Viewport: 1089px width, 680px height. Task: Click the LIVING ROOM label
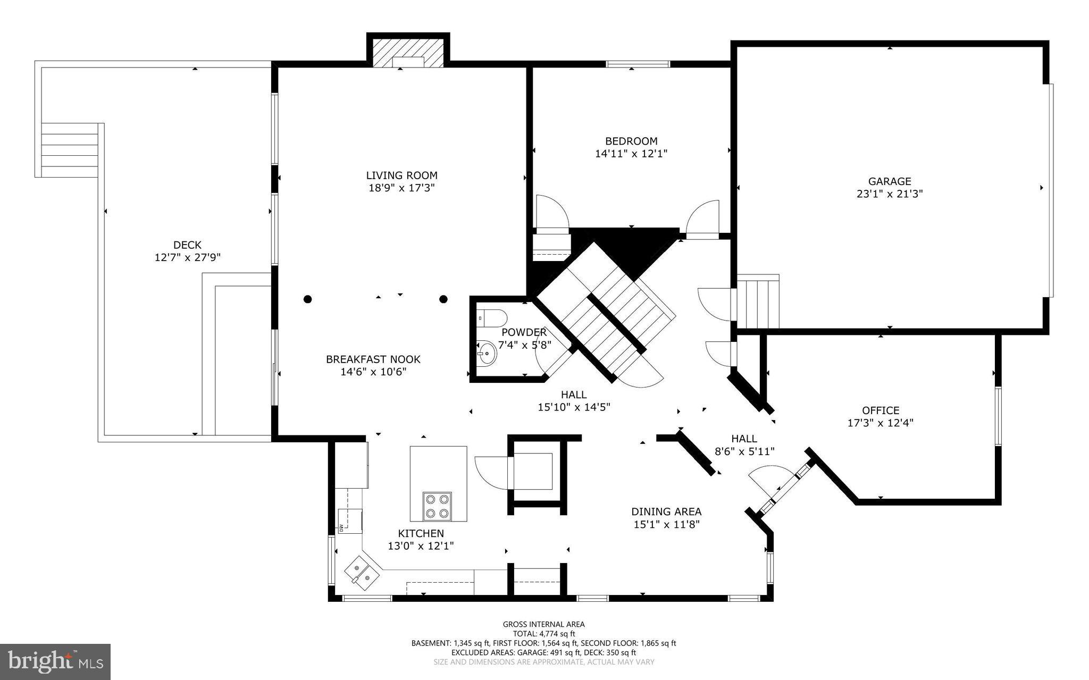pyautogui.click(x=401, y=175)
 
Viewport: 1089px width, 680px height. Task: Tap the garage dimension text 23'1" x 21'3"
pyautogui.click(x=890, y=194)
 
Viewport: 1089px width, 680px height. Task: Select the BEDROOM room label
pyautogui.click(x=631, y=141)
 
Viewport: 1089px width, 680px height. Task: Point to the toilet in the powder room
pyautogui.click(x=492, y=318)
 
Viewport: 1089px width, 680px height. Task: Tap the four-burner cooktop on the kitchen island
pyautogui.click(x=437, y=506)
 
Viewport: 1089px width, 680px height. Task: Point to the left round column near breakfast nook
pyautogui.click(x=307, y=299)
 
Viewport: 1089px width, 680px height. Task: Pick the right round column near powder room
pyautogui.click(x=443, y=299)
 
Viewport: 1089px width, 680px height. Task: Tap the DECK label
pyautogui.click(x=187, y=245)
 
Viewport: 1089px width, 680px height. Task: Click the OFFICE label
pyautogui.click(x=881, y=410)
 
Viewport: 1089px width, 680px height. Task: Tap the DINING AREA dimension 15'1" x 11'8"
pyautogui.click(x=666, y=524)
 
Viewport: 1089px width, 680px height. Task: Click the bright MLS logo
pyautogui.click(x=55, y=661)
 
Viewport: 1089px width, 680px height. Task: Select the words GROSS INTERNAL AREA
pyautogui.click(x=543, y=624)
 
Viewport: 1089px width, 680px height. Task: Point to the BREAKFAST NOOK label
pyautogui.click(x=373, y=359)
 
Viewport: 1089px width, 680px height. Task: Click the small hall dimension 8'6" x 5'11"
pyautogui.click(x=744, y=451)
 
